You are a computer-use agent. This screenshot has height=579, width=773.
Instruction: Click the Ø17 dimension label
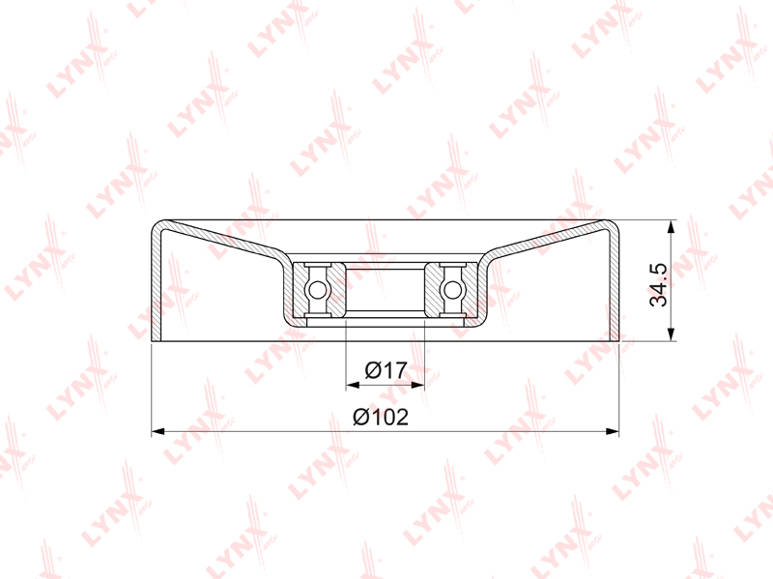click(386, 370)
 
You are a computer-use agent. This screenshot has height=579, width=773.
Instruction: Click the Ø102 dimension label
click(381, 418)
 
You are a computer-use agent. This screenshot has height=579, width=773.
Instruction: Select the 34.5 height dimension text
click(658, 285)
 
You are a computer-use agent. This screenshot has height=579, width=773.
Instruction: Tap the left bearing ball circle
click(317, 290)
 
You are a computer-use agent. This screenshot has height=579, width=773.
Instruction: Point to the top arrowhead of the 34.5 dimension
click(671, 227)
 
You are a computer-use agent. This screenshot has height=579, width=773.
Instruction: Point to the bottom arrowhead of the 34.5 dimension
click(671, 333)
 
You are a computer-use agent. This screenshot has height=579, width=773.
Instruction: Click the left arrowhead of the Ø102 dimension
click(157, 431)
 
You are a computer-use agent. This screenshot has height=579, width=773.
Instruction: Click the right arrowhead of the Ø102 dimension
click(613, 431)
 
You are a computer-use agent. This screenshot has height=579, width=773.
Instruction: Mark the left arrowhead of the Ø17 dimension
click(353, 385)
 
